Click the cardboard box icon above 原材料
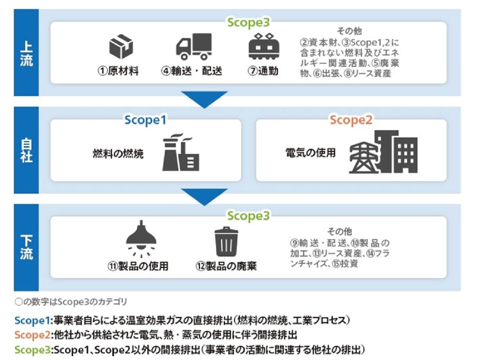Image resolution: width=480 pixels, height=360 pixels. click(x=121, y=47)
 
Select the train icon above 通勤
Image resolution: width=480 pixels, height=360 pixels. click(x=263, y=47)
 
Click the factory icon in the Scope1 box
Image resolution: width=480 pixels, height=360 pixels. click(x=181, y=152)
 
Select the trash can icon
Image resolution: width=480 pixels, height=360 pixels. click(x=226, y=242)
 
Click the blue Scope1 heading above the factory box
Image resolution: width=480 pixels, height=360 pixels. click(x=145, y=120)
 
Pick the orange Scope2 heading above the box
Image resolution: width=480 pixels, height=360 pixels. click(x=351, y=120)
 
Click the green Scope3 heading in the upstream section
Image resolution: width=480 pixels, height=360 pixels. click(x=248, y=23)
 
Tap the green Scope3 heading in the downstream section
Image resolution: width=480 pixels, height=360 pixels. click(x=248, y=216)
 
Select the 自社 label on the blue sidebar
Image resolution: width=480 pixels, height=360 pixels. click(x=26, y=151)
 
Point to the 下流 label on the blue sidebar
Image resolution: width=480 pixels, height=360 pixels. click(x=26, y=247)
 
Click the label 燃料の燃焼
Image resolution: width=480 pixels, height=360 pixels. click(x=118, y=154)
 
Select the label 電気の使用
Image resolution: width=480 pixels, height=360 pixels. click(x=310, y=153)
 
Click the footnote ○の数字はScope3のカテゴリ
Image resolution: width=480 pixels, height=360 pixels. click(x=71, y=302)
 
